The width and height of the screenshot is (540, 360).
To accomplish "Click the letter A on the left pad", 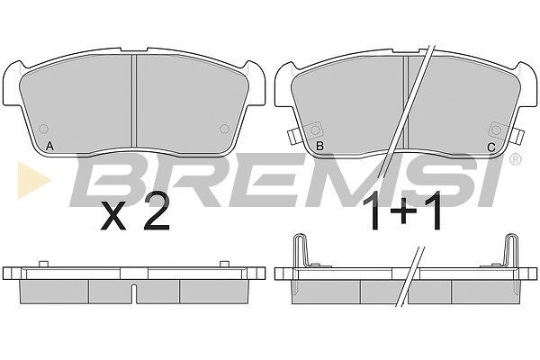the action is click(x=49, y=147).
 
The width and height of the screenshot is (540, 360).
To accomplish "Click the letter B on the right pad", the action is click(x=319, y=147).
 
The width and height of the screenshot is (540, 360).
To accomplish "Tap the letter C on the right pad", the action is click(x=491, y=148).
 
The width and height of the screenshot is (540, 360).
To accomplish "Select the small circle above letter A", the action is click(x=44, y=130).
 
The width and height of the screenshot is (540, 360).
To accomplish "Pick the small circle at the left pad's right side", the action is click(x=224, y=130).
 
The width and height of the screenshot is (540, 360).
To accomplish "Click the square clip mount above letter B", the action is click(x=315, y=130).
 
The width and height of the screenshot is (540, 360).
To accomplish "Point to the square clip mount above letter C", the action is click(x=496, y=130).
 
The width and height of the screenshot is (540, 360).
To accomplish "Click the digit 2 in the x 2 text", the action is click(x=157, y=212).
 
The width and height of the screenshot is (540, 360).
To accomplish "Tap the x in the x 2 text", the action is click(x=113, y=218).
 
